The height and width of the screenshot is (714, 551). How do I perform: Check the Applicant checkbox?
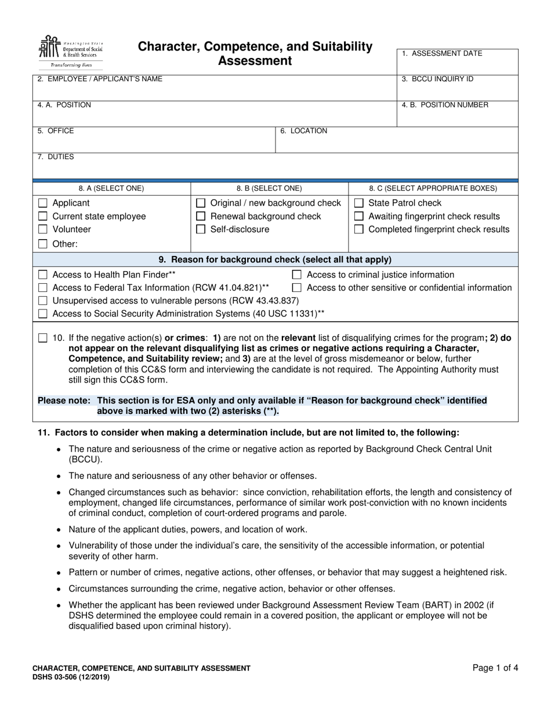[x=42, y=203]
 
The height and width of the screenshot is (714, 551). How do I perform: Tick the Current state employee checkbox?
[x=42, y=217]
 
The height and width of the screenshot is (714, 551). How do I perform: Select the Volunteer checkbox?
[x=42, y=229]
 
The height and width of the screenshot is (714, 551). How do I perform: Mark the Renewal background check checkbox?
[x=201, y=217]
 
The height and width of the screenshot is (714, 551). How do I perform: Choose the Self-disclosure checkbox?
[x=201, y=229]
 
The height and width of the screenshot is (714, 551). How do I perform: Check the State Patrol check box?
[x=359, y=203]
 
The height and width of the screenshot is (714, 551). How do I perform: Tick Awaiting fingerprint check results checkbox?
[x=359, y=217]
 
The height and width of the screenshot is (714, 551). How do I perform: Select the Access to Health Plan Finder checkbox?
[x=42, y=275]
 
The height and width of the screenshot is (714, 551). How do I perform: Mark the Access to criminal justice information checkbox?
[x=297, y=275]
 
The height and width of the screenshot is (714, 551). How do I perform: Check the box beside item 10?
[x=42, y=338]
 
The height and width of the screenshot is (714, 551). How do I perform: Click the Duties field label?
[x=56, y=157]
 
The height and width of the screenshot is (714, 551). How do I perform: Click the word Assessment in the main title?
[x=255, y=61]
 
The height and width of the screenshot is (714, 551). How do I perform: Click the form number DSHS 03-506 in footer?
[x=70, y=677]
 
